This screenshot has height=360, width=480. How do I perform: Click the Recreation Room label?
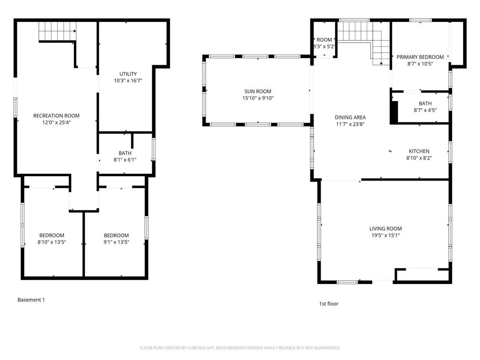56,115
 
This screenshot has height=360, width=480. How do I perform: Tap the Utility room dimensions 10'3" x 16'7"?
127,81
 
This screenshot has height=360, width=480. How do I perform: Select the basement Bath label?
125,153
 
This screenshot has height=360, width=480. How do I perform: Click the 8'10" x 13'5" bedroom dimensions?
52,242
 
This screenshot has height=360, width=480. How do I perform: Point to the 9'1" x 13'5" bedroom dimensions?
116,242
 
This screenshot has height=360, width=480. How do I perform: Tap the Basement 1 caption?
31,300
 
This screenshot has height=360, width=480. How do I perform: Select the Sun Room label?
257,91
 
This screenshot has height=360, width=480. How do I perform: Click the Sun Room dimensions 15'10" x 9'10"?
257,98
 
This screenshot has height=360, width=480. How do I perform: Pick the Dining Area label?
350,117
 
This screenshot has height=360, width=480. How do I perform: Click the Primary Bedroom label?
420,57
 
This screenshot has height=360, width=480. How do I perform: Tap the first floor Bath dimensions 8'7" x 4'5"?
425,111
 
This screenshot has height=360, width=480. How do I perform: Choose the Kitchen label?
419,151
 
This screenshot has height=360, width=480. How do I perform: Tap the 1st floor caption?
329,304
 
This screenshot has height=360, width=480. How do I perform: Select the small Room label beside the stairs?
324,40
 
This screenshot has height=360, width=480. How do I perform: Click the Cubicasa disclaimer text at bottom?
240,348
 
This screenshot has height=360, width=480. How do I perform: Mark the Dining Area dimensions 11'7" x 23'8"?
350,124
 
